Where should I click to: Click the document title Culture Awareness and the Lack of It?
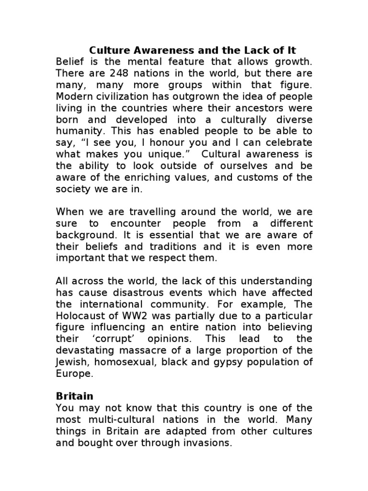tap(193, 50)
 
